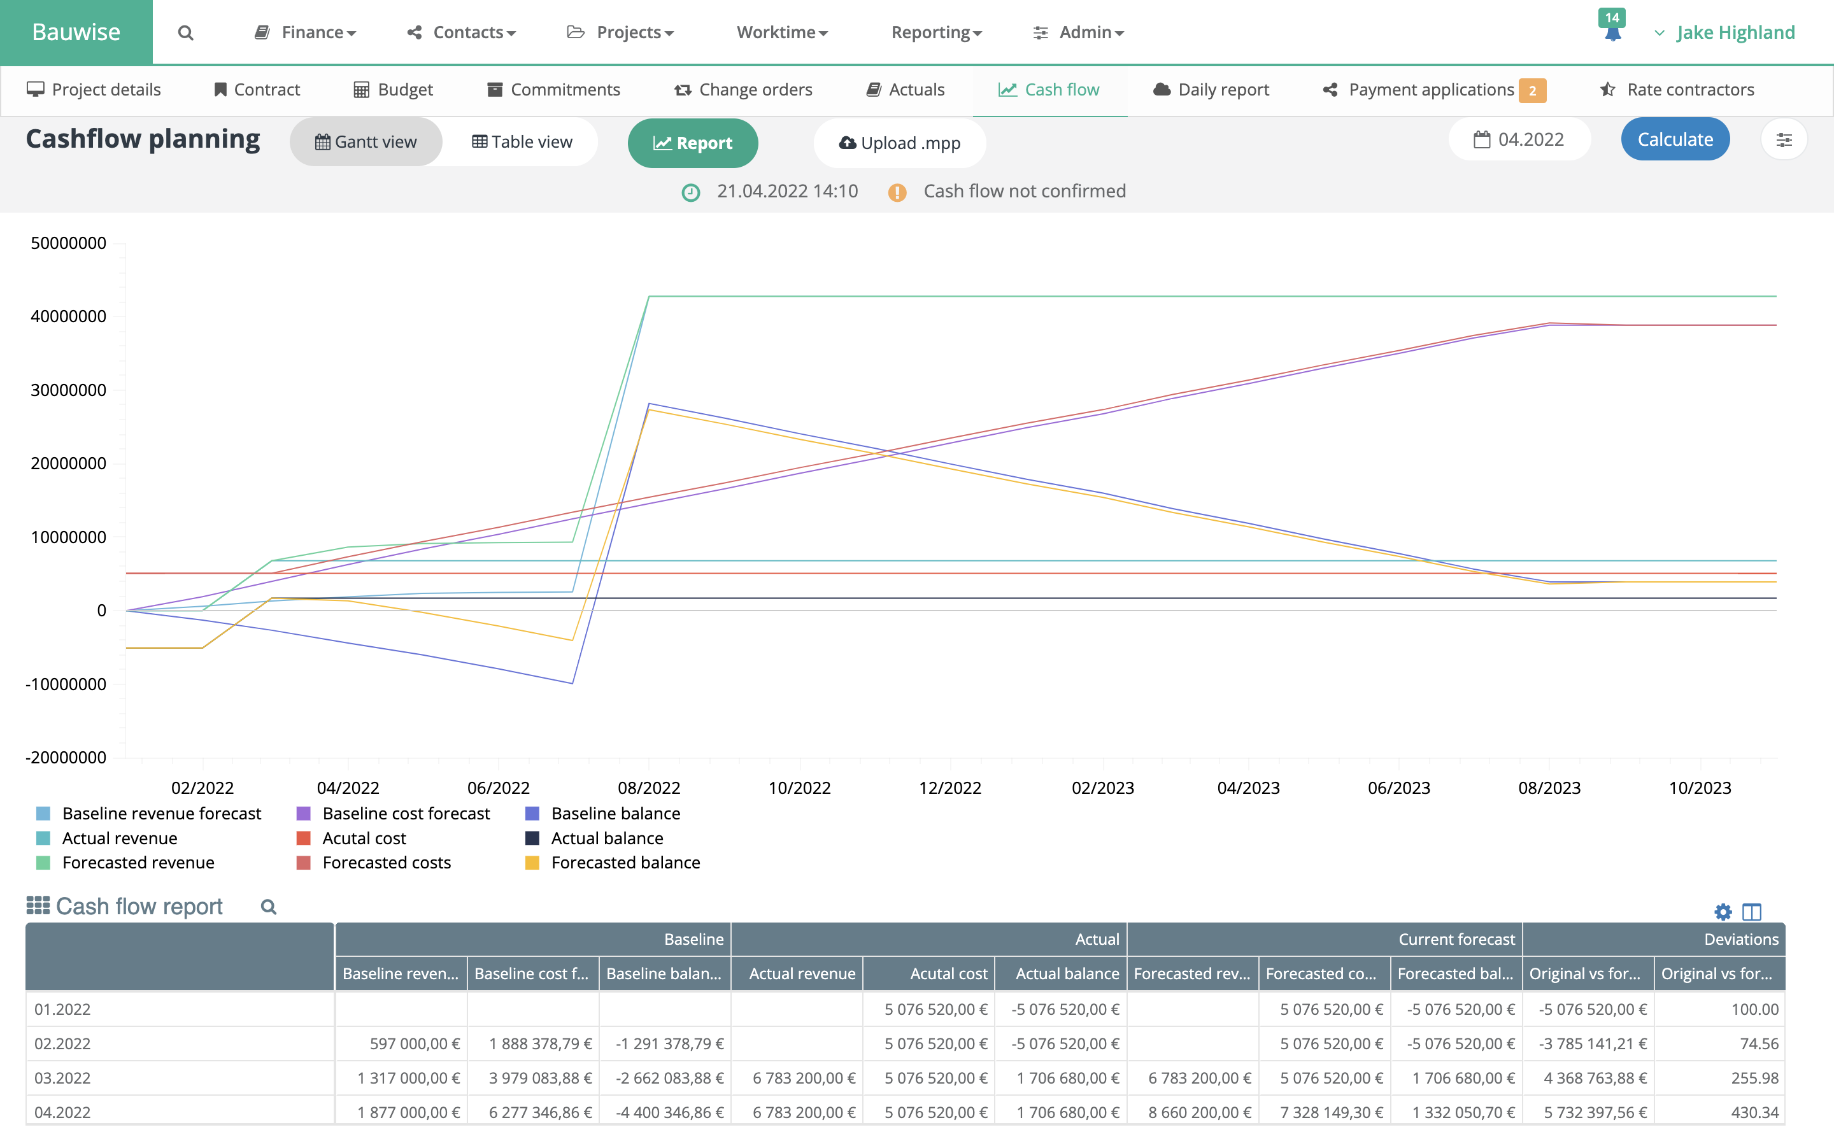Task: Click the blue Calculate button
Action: tap(1674, 139)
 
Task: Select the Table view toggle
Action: tap(522, 142)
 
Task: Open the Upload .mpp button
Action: tap(900, 143)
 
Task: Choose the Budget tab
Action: tap(394, 89)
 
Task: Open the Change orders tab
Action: tap(743, 89)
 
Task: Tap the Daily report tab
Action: tap(1211, 89)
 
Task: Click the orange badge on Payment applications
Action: tap(1532, 90)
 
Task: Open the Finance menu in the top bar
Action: tap(306, 32)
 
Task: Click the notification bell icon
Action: tap(1612, 33)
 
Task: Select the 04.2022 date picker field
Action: tap(1519, 139)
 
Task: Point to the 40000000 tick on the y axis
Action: tap(68, 316)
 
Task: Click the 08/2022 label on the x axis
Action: tap(649, 788)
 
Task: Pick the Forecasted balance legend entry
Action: tap(625, 863)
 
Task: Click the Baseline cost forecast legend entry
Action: tap(406, 813)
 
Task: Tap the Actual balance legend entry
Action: tap(606, 838)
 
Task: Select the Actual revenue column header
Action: tap(802, 973)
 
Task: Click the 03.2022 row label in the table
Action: tap(62, 1078)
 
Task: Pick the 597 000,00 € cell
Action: tap(415, 1043)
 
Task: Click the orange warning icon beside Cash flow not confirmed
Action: tap(897, 192)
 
